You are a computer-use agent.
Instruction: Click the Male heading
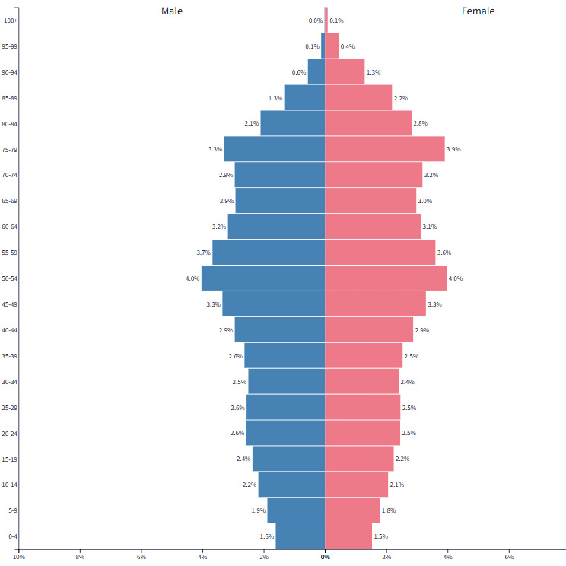coord(172,11)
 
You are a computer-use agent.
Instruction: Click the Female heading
coord(478,11)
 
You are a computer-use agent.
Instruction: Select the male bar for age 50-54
coord(263,278)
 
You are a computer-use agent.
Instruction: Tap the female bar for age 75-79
coord(385,149)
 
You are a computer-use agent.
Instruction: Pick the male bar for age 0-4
coord(300,536)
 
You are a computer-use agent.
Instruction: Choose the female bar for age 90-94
coord(345,72)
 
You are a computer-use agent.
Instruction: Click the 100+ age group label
coord(11,21)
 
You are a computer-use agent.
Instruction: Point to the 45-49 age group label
coord(11,304)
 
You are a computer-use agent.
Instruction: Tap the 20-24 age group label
coord(11,433)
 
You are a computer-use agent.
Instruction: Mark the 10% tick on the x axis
coord(18,558)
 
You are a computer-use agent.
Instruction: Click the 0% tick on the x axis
coord(325,558)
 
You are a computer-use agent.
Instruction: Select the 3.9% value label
coord(454,149)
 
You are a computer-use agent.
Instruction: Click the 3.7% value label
coord(202,253)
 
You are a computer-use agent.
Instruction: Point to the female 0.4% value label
coord(348,46)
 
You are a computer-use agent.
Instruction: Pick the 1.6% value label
coord(266,536)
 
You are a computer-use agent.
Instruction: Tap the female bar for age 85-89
coord(358,98)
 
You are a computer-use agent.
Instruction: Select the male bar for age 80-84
coord(293,124)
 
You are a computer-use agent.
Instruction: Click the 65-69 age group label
coord(11,201)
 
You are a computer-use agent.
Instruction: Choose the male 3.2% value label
coord(218,227)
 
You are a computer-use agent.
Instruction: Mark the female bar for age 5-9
coord(352,510)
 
